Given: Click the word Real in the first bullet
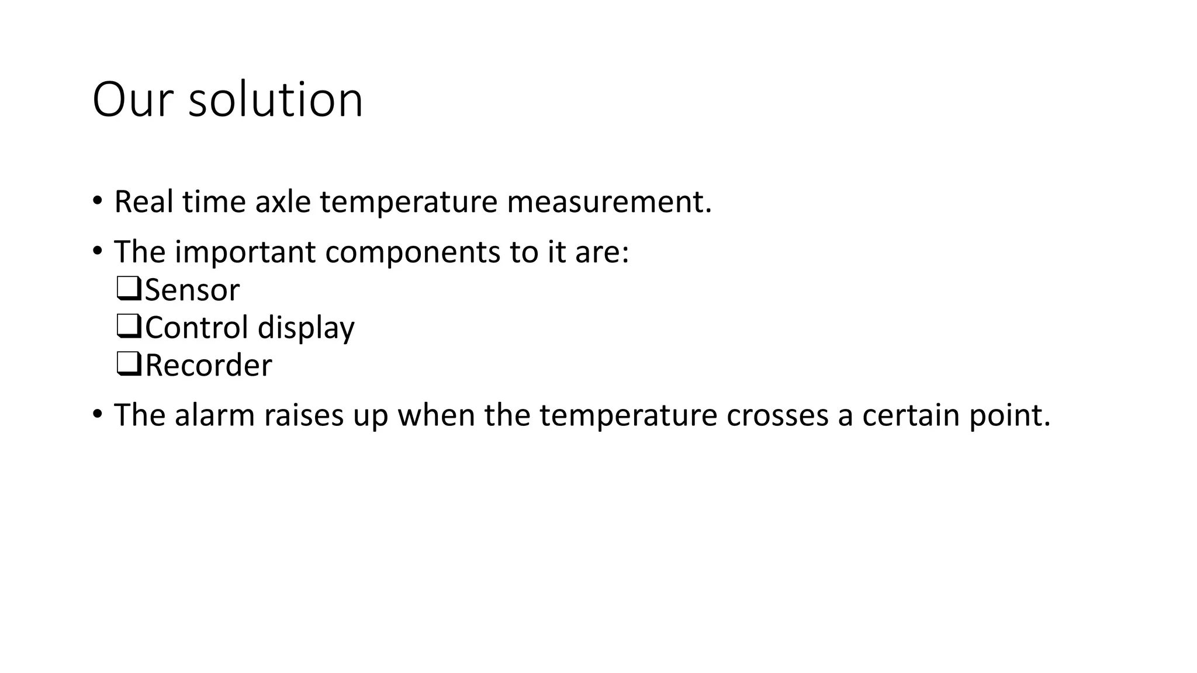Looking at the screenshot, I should [144, 202].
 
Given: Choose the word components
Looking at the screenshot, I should [413, 252].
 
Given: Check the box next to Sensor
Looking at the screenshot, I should [129, 289].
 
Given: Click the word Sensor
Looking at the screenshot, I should [192, 290].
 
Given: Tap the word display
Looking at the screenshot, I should [306, 328].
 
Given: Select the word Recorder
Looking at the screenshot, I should [208, 366].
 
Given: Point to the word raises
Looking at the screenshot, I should [304, 415].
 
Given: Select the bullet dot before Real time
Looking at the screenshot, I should [97, 201].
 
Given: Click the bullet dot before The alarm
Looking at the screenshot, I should [97, 414].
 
